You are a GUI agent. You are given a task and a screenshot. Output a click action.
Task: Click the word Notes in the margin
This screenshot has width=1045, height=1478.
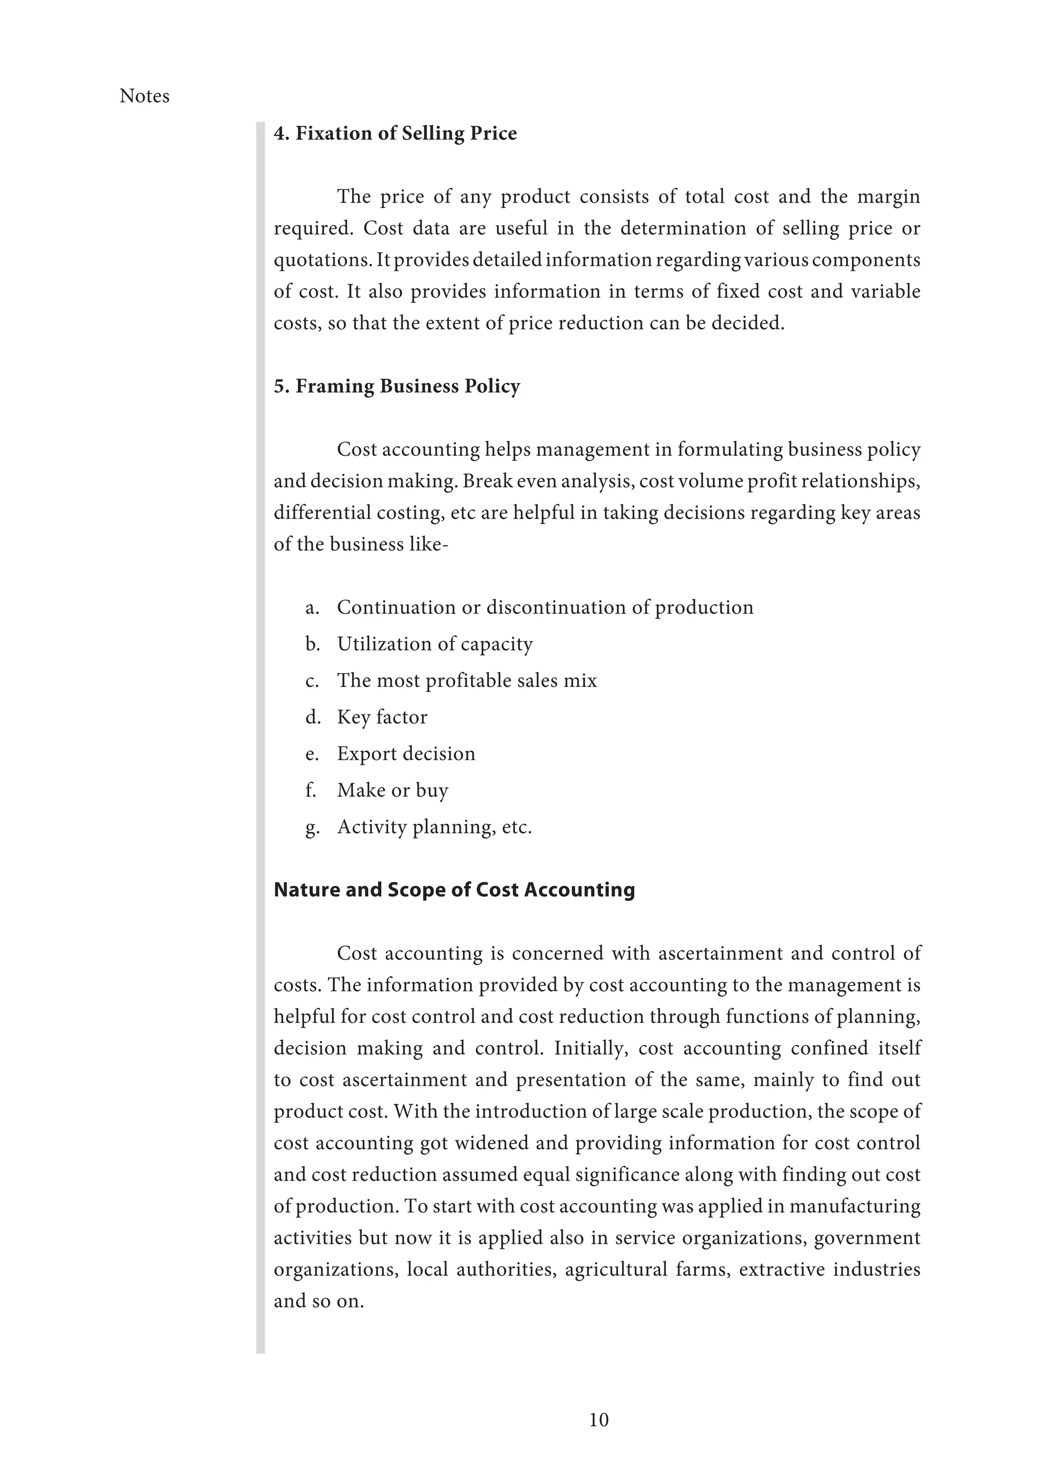click(144, 96)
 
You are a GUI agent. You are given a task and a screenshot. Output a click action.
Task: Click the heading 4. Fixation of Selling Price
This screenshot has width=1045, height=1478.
click(395, 133)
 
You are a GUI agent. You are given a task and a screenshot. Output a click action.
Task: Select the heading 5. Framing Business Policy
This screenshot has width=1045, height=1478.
click(396, 386)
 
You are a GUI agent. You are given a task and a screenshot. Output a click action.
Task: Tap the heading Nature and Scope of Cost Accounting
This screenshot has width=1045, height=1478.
click(454, 890)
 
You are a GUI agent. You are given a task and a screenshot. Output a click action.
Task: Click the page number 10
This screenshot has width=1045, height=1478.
click(599, 1419)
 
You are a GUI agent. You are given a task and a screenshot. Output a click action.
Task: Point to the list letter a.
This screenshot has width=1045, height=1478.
click(312, 608)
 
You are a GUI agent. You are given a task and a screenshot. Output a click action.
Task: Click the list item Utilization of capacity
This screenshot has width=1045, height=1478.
click(434, 645)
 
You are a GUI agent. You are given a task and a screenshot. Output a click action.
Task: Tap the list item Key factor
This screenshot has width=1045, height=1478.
click(382, 717)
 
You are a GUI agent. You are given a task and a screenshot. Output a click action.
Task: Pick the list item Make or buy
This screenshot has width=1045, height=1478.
click(392, 791)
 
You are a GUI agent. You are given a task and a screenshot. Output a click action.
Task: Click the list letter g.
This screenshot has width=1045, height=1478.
click(312, 827)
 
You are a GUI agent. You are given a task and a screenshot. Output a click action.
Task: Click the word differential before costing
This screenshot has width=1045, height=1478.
click(311, 513)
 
